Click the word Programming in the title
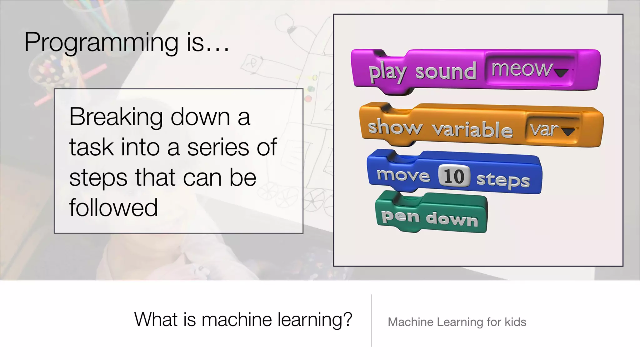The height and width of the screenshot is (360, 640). point(101,42)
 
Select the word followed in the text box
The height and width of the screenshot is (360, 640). point(113,207)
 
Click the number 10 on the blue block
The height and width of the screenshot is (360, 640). point(454,176)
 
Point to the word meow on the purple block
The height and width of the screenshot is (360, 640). point(521,69)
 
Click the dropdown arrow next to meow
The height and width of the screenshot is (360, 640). point(561,73)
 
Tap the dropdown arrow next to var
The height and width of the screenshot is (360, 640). point(568,132)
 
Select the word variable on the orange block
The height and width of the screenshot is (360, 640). point(472,129)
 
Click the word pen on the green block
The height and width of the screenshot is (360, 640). point(400,216)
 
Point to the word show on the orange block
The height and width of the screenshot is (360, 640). point(395,127)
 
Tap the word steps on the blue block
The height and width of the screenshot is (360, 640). point(503,180)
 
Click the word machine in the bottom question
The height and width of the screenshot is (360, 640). point(237,320)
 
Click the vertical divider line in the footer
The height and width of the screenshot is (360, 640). point(371,320)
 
